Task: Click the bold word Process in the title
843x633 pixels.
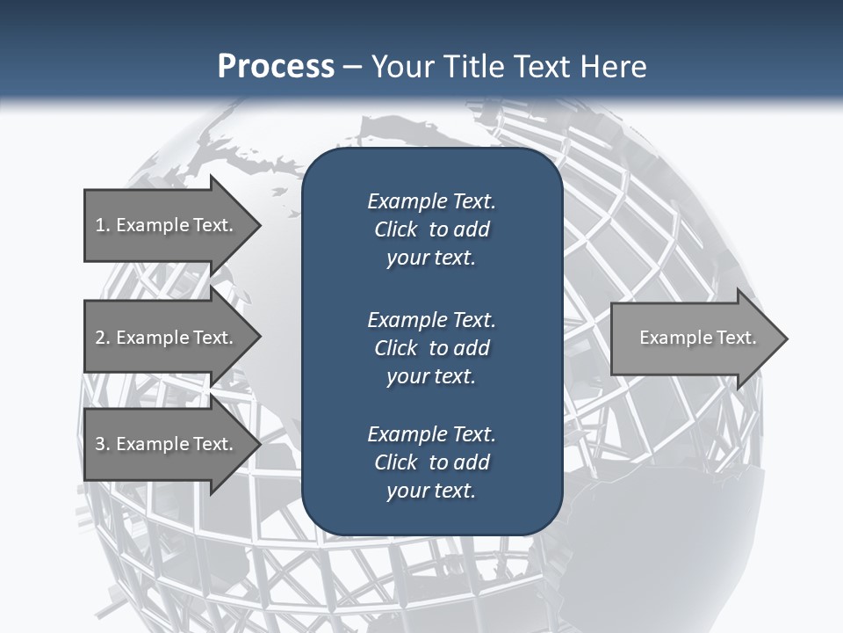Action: click(276, 67)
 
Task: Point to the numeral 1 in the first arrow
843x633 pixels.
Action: click(100, 225)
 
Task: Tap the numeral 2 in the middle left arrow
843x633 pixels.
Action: click(100, 338)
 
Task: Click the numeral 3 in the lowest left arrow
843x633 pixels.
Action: click(100, 444)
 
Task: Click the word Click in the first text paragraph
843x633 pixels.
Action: click(396, 229)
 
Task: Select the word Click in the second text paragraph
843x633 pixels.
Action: click(396, 348)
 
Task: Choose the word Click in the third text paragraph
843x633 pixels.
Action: click(396, 462)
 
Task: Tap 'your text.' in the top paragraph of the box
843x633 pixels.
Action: click(431, 258)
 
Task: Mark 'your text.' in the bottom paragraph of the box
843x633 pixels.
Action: click(431, 491)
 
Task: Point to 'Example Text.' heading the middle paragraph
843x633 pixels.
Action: click(431, 319)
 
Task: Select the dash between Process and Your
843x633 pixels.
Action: click(353, 67)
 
